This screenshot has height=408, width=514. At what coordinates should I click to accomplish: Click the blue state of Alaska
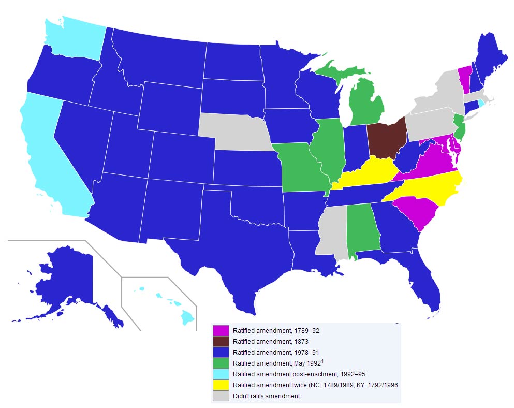tap(67, 280)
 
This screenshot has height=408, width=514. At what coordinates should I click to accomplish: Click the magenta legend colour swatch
tap(221, 330)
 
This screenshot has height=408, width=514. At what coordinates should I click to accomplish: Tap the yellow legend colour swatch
tap(221, 385)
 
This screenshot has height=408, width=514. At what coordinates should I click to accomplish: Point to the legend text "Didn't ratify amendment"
tap(266, 396)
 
